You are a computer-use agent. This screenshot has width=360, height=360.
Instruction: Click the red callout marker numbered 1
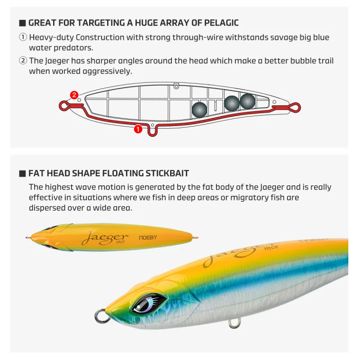coord(138,129)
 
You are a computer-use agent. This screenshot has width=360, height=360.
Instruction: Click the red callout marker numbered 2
coord(74,95)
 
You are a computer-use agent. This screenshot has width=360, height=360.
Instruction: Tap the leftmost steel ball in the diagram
coord(199,110)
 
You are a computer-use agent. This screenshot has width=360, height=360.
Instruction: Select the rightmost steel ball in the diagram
coord(247,101)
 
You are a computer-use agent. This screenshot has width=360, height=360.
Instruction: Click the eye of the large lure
coord(148,304)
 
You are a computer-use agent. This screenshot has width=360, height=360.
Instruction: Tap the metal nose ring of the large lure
coord(100,316)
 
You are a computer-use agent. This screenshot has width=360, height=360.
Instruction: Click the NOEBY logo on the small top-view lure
coord(148,238)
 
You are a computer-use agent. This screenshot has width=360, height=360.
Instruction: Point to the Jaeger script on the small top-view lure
coord(105,238)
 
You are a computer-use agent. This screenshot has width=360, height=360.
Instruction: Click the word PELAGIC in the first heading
coord(221,23)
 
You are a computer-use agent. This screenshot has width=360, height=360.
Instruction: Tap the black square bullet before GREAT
coord(22,23)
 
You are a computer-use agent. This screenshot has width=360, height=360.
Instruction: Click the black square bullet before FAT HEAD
coord(22,174)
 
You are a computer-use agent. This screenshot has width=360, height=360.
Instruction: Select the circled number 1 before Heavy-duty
coord(23,37)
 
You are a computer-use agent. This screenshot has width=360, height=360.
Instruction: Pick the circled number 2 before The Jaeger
coord(23,61)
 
